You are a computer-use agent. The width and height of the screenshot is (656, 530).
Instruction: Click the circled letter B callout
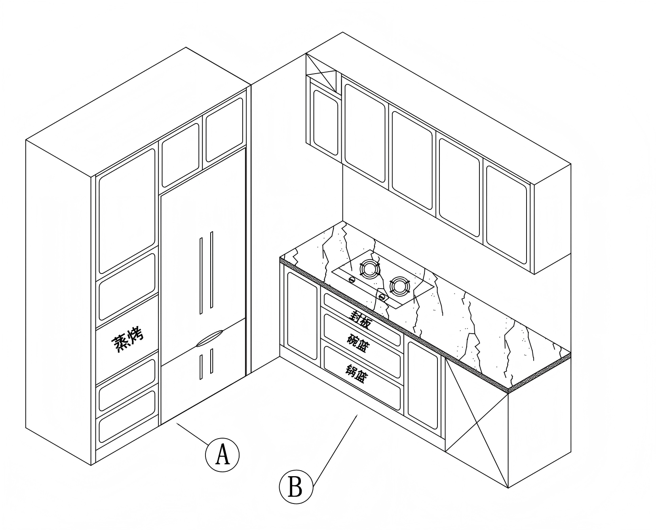296,486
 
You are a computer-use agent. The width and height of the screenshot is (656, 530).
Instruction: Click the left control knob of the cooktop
352,279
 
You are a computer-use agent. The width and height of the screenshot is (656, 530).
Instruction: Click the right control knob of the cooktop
382,296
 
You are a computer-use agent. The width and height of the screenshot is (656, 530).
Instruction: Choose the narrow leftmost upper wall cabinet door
326,122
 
